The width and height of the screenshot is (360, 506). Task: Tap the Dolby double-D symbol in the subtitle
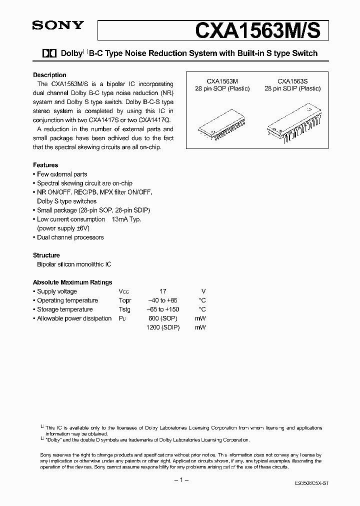coord(50,53)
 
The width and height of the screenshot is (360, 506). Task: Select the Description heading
coord(49,75)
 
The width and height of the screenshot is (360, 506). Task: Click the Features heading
coord(45,165)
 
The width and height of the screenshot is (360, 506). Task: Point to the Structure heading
coord(46,255)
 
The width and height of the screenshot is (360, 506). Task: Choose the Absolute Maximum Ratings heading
coord(72,282)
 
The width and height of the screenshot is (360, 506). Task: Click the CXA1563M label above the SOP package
coord(222,80)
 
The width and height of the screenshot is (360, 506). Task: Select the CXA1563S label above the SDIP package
coord(292,80)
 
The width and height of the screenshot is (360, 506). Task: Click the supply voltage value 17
coord(163,291)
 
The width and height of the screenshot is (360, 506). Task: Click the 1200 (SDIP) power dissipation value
coord(163,327)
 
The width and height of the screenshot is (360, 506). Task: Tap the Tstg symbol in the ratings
coord(124,309)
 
